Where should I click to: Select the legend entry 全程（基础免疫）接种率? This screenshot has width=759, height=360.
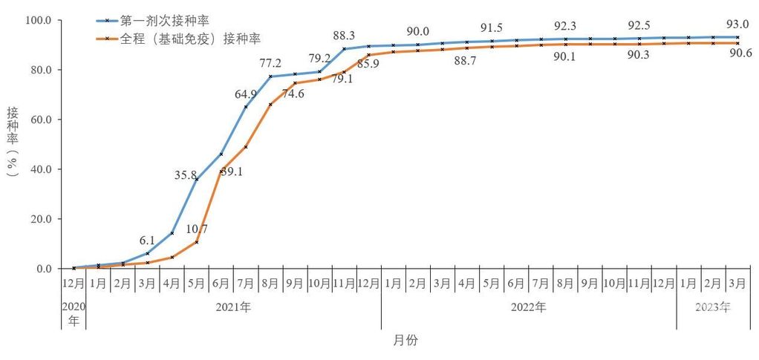coord(186,36)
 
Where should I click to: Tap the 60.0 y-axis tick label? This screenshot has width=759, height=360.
coord(38,120)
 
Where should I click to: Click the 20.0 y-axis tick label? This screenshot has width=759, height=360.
coord(38,219)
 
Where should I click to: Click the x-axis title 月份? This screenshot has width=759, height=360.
coord(405,340)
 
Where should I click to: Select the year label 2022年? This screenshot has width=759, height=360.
coord(528,306)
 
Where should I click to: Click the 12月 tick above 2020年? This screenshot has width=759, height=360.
coord(74,283)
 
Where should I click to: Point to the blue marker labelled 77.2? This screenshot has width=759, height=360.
coord(270,76)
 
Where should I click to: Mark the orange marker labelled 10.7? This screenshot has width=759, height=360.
coord(197,242)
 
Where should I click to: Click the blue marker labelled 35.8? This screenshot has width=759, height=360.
coord(197,179)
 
